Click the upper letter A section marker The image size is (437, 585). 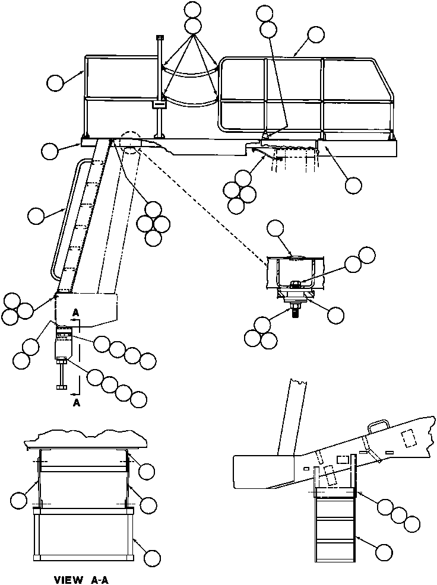tap(75, 311)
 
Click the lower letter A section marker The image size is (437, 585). tap(75, 401)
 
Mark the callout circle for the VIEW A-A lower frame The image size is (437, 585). tap(153, 558)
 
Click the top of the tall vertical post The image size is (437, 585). tap(159, 38)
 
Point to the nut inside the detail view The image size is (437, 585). tap(295, 283)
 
